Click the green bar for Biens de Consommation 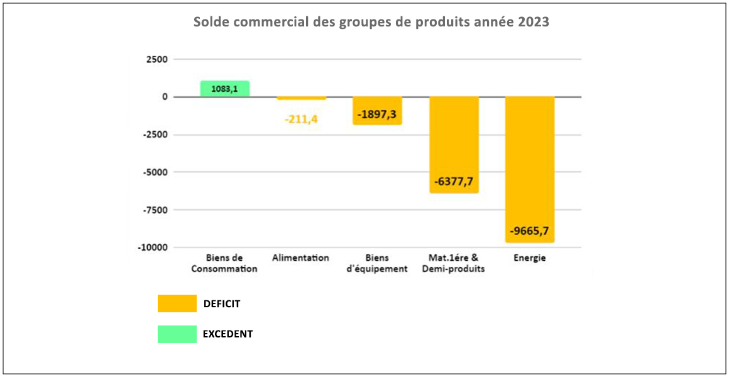(225, 89)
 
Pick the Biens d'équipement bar (377, 111)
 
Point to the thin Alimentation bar (301, 98)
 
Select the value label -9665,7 (530, 231)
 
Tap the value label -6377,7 (454, 182)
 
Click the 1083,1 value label (224, 89)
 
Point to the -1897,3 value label (377, 115)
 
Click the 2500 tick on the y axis (156, 59)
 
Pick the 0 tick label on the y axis (165, 97)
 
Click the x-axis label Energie (529, 258)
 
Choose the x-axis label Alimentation (300, 258)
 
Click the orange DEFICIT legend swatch (177, 303)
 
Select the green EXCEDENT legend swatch (177, 334)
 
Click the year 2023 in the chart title (534, 22)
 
